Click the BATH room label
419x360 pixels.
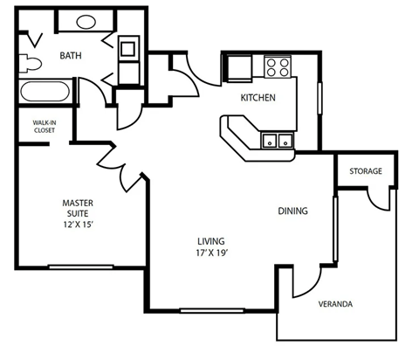pyautogui.click(x=72, y=56)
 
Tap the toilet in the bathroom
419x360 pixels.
pyautogui.click(x=29, y=62)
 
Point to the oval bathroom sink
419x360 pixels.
pyautogui.click(x=86, y=23)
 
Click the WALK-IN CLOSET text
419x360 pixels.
pyautogui.click(x=44, y=126)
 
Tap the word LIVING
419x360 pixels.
pyautogui.click(x=211, y=241)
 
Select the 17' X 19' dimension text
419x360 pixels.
pyautogui.click(x=211, y=254)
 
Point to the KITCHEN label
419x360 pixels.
pyautogui.click(x=258, y=98)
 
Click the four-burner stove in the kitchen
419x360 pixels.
pyautogui.click(x=277, y=66)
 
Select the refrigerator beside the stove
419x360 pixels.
pyautogui.click(x=237, y=66)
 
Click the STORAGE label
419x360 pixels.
pyautogui.click(x=366, y=170)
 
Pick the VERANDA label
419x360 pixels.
pyautogui.click(x=336, y=304)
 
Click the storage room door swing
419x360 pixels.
pyautogui.click(x=378, y=197)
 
